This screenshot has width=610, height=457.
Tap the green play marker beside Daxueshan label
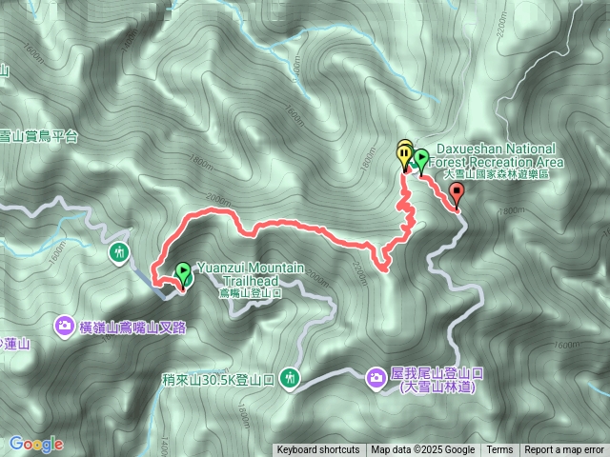(420, 156)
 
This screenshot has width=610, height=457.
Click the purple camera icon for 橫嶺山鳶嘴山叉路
(64, 326)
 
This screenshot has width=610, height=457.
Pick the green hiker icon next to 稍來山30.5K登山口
(290, 379)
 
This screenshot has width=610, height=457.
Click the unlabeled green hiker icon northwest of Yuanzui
(118, 253)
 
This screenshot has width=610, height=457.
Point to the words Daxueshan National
(496, 149)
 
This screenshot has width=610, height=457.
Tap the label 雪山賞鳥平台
(39, 137)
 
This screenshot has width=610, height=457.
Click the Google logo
(36, 444)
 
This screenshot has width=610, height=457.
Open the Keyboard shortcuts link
(318, 450)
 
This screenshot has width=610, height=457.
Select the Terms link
(499, 450)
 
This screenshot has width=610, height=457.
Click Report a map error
(564, 450)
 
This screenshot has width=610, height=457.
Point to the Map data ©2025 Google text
(423, 450)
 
